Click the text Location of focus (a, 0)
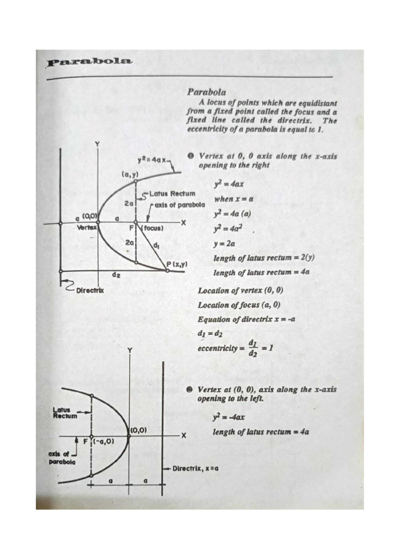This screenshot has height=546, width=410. coord(239,305)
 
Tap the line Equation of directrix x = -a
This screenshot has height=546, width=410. coord(246,319)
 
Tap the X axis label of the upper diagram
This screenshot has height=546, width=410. coord(184,223)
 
